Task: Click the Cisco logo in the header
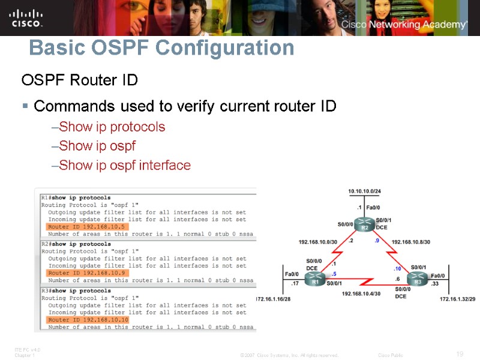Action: coord(26,17)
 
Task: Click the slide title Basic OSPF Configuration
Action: coord(161,48)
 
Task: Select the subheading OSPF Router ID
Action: coord(80,80)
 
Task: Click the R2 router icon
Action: coord(364,227)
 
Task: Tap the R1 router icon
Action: coord(313,280)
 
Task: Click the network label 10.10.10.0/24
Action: coord(365,191)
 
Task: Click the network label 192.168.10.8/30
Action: coord(411,242)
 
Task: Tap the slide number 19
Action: coord(460,353)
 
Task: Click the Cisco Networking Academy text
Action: coord(404,25)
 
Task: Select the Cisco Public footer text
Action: coord(391,355)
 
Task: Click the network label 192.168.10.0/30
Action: coord(319,242)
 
